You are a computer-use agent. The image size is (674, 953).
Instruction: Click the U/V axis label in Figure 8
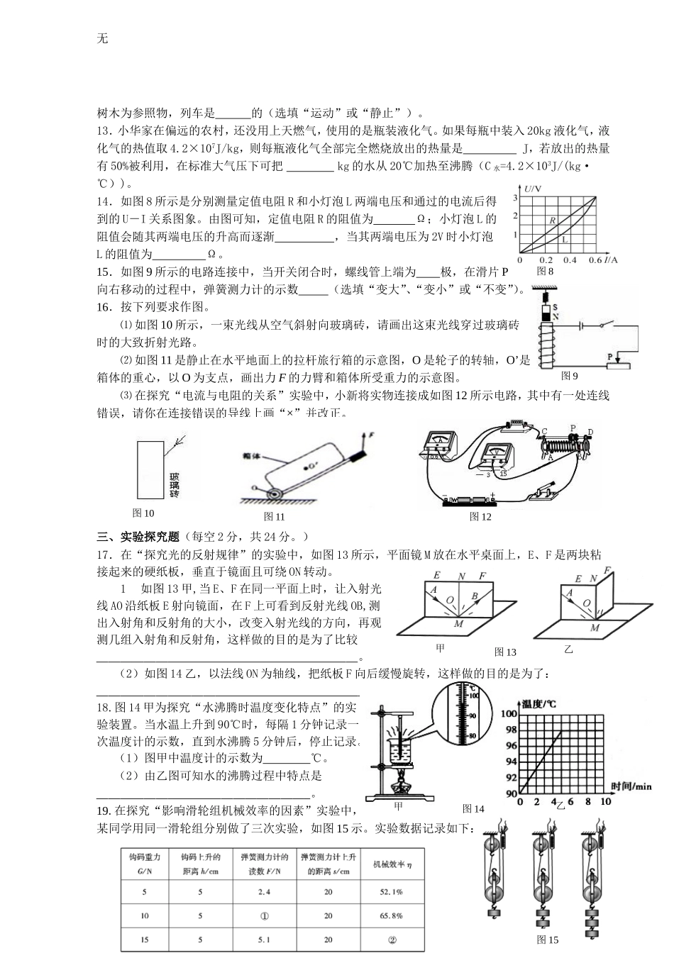tap(533, 189)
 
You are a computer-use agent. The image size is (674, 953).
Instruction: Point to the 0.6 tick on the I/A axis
tap(595, 260)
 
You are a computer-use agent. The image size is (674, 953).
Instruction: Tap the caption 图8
tap(545, 271)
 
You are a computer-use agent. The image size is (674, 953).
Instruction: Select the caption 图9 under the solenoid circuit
tap(569, 376)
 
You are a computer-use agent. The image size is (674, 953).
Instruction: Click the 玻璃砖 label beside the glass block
tap(174, 484)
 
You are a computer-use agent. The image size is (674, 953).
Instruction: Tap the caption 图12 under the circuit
tap(480, 517)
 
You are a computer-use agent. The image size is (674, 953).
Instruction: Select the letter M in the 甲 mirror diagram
tap(459, 623)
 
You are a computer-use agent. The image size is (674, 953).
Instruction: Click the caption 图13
tap(505, 652)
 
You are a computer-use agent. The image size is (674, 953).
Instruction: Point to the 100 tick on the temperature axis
tap(510, 714)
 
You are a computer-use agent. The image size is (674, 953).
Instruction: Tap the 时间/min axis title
tap(631, 786)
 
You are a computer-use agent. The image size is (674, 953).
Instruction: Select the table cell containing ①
tap(265, 915)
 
